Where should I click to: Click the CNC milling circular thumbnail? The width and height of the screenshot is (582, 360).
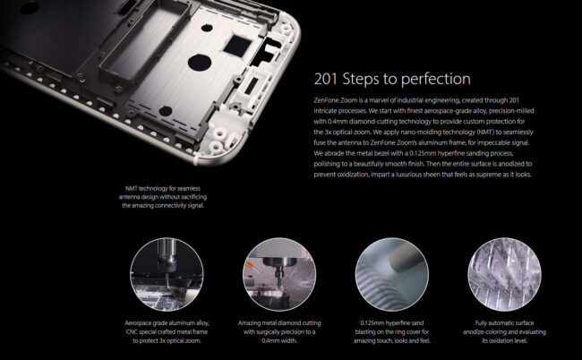pyautogui.click(x=167, y=274)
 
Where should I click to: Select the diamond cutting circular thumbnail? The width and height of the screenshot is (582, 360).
pyautogui.click(x=279, y=274)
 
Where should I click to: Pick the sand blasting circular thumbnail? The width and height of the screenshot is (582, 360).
pyautogui.click(x=392, y=274)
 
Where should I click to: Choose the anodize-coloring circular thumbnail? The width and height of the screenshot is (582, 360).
pyautogui.click(x=504, y=274)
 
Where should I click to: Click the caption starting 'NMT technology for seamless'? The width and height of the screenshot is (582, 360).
pyautogui.click(x=163, y=197)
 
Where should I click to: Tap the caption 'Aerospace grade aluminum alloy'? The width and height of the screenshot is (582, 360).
pyautogui.click(x=167, y=332)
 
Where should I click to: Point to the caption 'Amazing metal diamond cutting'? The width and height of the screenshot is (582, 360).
pyautogui.click(x=279, y=332)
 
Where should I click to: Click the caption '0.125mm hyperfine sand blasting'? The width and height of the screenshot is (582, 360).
pyautogui.click(x=392, y=332)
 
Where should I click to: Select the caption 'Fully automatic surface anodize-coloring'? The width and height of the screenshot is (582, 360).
pyautogui.click(x=504, y=332)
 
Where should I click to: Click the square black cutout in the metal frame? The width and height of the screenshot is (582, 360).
pyautogui.click(x=236, y=46)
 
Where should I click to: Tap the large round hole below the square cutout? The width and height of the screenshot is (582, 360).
pyautogui.click(x=200, y=62)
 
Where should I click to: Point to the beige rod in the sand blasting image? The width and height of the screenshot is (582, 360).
pyautogui.click(x=401, y=259)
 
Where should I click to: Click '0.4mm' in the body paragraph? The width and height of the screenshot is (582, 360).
pyautogui.click(x=338, y=122)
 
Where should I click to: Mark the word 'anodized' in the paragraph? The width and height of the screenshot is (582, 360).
pyautogui.click(x=510, y=164)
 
